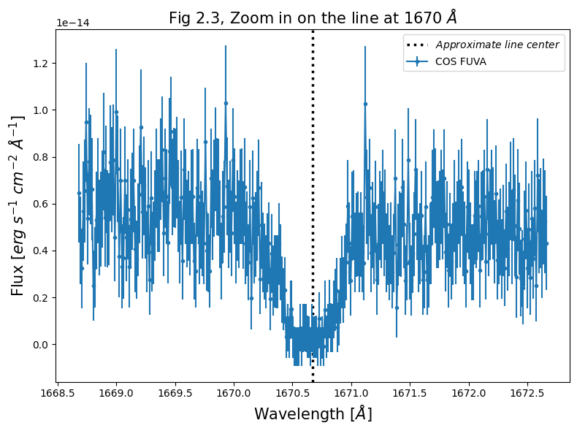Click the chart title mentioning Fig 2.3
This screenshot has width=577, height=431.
pyautogui.click(x=313, y=18)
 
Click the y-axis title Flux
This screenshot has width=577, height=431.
pyautogui.click(x=18, y=205)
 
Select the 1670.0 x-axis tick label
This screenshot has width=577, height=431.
pyautogui.click(x=234, y=393)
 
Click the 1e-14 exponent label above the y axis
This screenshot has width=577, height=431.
pyautogui.click(x=74, y=23)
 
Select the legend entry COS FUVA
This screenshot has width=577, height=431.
pyautogui.click(x=460, y=61)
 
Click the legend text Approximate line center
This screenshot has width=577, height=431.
pyautogui.click(x=497, y=45)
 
